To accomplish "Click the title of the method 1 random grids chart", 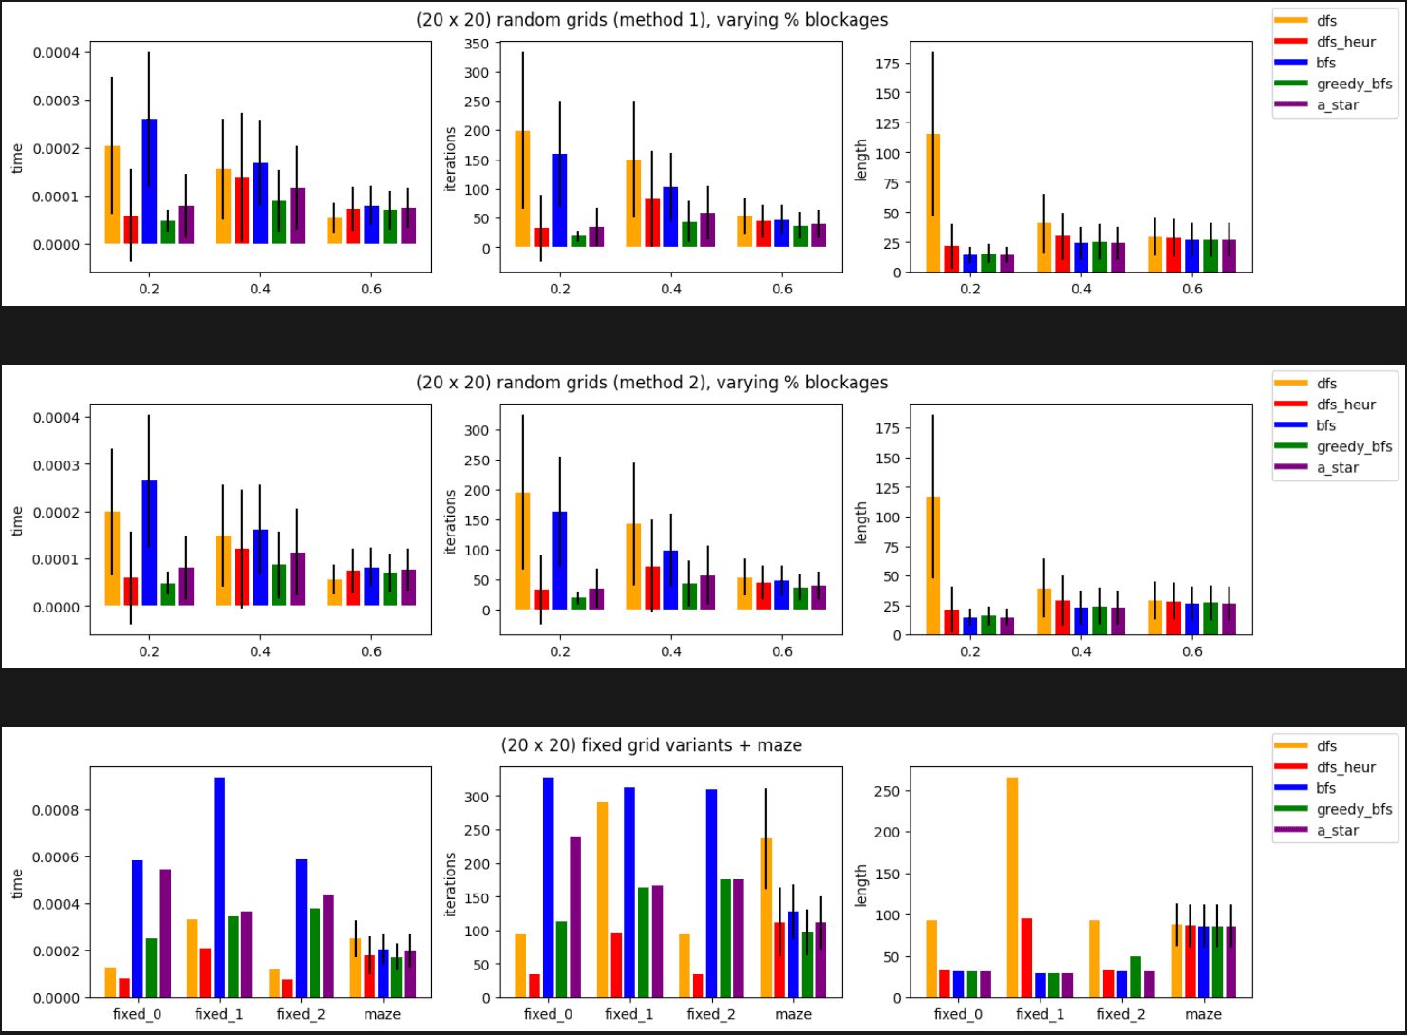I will [651, 20].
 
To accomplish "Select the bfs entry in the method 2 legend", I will [1325, 425].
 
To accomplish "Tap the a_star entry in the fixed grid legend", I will [1337, 830].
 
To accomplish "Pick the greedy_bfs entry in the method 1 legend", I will [1354, 84].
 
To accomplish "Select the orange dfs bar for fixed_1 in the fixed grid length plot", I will [1012, 888].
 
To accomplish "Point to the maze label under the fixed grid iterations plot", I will [793, 1014].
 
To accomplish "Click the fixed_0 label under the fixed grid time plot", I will [137, 1014].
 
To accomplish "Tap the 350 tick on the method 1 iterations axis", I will [477, 44].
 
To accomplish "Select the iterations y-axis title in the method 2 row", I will [451, 521].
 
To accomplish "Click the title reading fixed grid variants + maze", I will [651, 745].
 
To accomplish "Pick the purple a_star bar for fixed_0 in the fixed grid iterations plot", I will [575, 917].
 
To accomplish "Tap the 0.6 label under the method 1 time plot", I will [371, 289].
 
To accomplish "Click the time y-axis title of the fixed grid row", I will [17, 884].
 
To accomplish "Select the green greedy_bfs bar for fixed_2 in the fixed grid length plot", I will [1135, 977].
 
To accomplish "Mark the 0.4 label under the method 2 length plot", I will [1081, 651].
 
